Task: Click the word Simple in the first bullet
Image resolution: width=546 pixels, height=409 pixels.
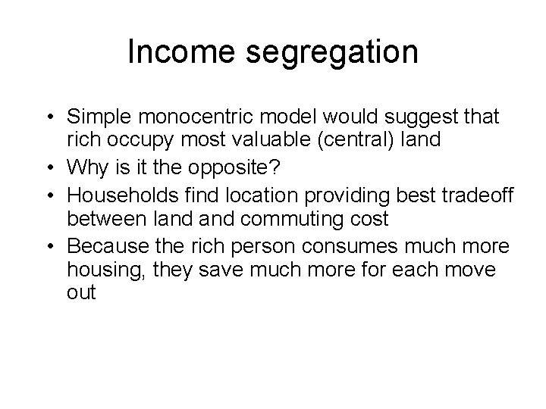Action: pyautogui.click(x=96, y=117)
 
